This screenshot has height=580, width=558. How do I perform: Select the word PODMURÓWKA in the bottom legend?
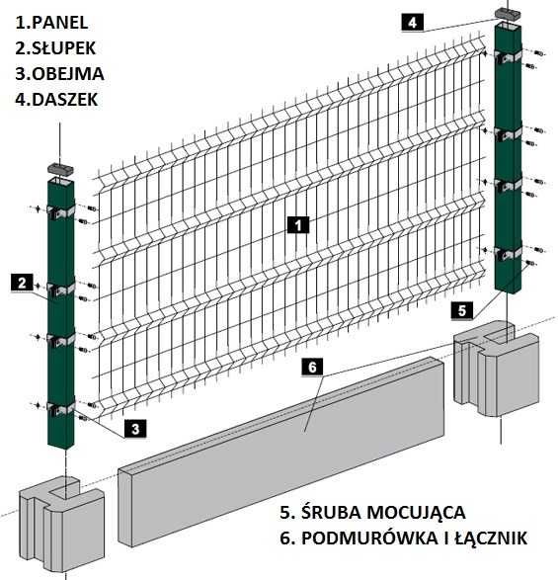[375, 538]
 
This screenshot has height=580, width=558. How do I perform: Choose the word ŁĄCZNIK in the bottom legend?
[490, 538]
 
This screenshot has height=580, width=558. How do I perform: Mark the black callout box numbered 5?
[463, 310]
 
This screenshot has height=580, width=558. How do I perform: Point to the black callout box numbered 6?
[311, 368]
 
